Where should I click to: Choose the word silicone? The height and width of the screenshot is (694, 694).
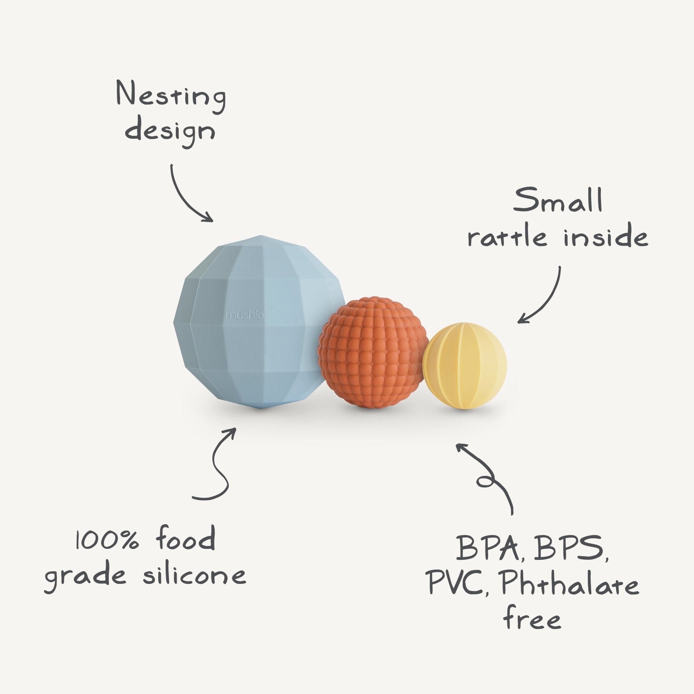(194, 575)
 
